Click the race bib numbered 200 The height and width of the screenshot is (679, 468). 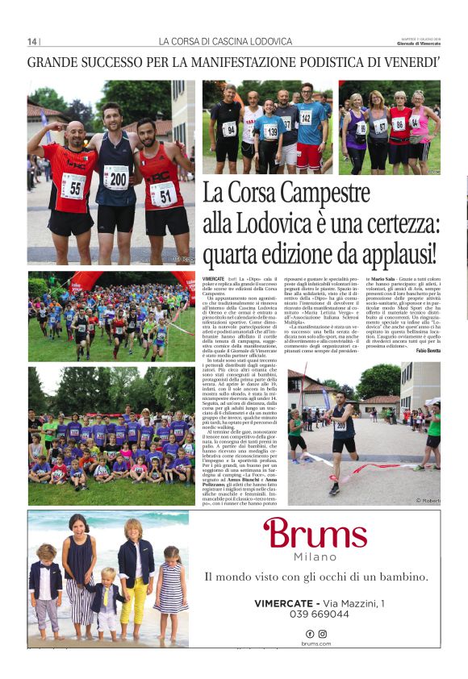click(x=118, y=178)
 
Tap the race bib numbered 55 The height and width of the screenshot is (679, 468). click(x=73, y=185)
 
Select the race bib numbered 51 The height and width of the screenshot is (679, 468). click(x=163, y=193)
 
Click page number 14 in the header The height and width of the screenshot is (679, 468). click(x=32, y=41)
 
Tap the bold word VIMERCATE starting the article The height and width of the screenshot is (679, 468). click(x=214, y=277)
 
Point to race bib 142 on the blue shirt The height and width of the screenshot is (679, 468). click(x=306, y=118)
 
